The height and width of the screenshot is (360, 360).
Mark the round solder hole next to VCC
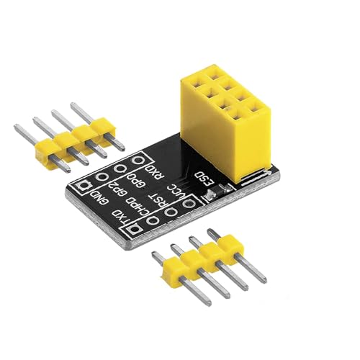point(190,204)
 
